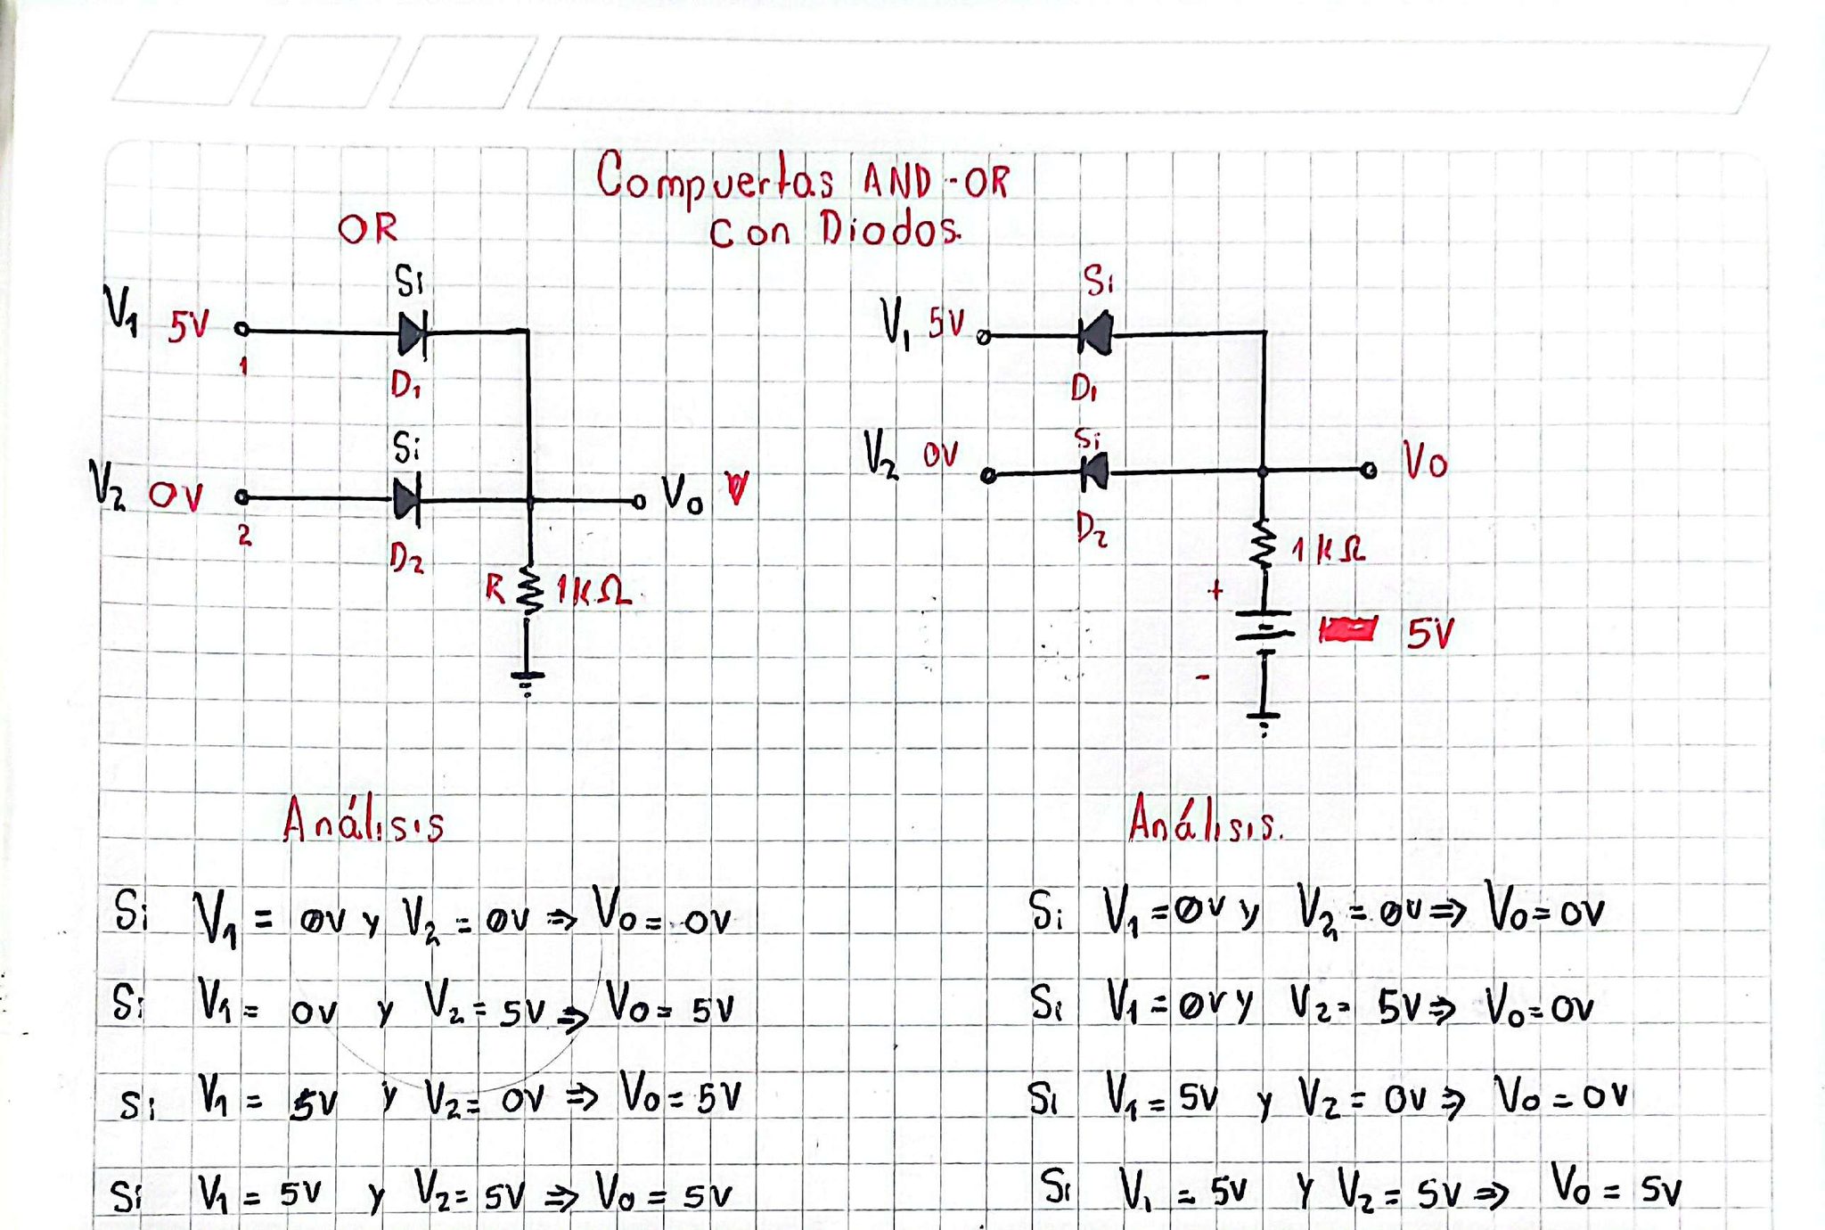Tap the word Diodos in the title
890,230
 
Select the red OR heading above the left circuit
367,229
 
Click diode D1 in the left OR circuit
412,334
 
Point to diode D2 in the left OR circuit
406,500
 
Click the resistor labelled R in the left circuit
529,590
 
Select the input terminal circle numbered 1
241,330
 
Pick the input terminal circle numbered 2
241,497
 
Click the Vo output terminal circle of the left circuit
639,503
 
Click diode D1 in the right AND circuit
1096,334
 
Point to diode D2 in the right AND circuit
1095,471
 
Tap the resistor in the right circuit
1263,545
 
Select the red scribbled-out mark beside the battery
1347,630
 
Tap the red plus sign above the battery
1215,590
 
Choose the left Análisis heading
363,822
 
